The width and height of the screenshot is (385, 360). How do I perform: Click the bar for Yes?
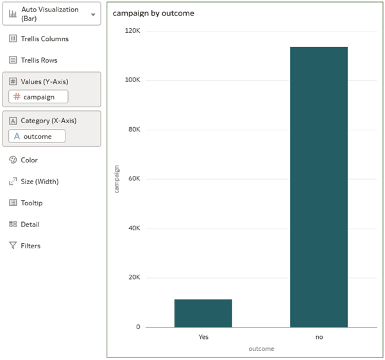coord(203,313)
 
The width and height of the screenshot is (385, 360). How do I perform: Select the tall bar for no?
coord(319,186)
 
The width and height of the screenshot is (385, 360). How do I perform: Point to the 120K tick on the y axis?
coord(132,31)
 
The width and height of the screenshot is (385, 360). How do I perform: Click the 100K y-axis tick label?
coord(132,80)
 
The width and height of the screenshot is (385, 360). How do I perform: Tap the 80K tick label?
coord(133,130)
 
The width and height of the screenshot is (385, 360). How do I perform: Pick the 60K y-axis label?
coord(133,179)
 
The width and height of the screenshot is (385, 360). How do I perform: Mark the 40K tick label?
coord(133,228)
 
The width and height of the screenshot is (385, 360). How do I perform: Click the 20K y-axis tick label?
coord(133,278)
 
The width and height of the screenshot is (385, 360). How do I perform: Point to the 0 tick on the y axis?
coord(137,327)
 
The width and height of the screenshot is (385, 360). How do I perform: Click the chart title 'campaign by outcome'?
coord(153,13)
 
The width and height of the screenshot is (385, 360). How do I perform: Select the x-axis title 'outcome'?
coord(261,349)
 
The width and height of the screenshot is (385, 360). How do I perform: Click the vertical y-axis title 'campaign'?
coord(117,179)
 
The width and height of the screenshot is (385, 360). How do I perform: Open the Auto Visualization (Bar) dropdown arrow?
coord(94,15)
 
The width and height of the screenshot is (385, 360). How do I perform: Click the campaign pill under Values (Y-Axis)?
coord(38,97)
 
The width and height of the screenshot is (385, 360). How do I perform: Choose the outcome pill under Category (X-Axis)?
coord(37,136)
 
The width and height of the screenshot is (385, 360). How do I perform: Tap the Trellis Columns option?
coord(44,39)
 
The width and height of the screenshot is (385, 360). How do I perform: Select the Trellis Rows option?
coord(38,60)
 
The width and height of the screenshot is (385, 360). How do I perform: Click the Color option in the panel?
coord(29,160)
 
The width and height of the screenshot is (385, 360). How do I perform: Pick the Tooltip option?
coord(32,203)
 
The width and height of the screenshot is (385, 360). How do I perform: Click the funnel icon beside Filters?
coord(13,246)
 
